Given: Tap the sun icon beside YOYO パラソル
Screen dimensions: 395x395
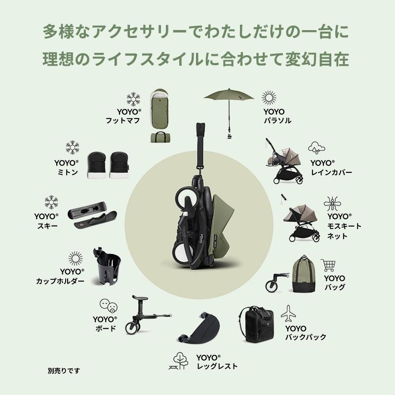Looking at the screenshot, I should pyautogui.click(x=269, y=97).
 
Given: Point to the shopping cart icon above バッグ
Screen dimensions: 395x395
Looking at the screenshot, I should pyautogui.click(x=328, y=265).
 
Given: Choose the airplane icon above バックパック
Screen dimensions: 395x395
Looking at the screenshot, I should pyautogui.click(x=288, y=313).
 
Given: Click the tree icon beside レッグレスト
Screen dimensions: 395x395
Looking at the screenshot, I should pyautogui.click(x=181, y=360).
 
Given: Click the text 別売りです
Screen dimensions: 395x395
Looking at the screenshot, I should pyautogui.click(x=64, y=370).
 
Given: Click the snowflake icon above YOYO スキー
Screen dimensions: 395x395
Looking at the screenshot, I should pyautogui.click(x=51, y=202).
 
